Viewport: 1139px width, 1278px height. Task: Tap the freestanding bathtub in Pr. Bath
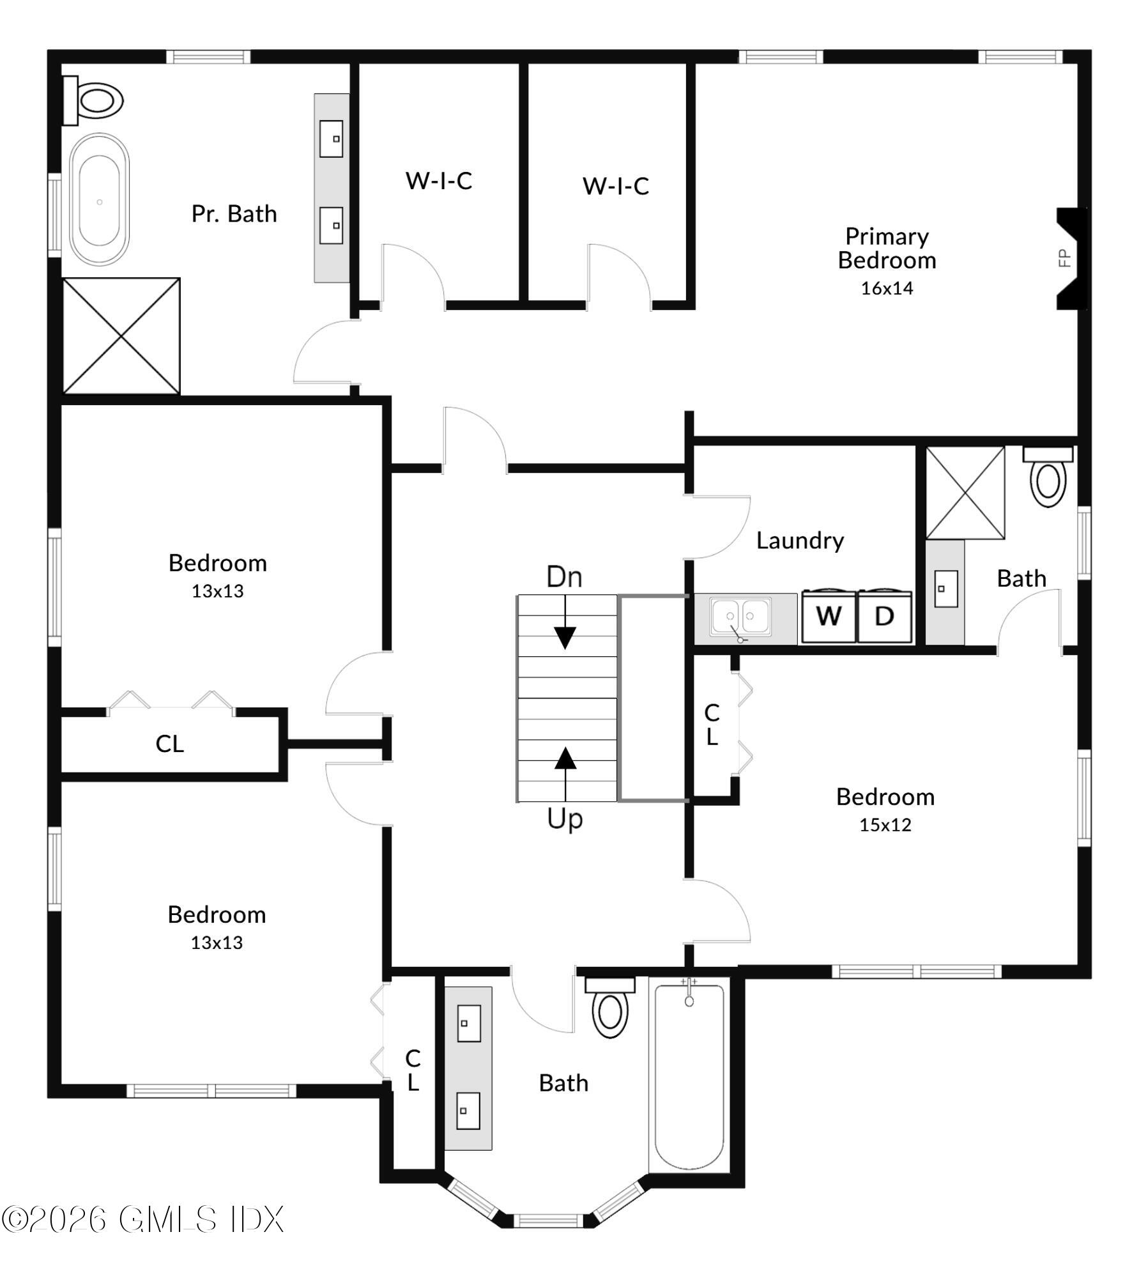[x=99, y=200]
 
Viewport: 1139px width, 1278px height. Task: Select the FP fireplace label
[x=1064, y=258]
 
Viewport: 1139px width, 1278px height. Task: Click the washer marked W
[x=828, y=617]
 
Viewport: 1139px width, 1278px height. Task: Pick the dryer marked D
[x=884, y=617]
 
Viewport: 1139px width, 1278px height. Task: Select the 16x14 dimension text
[x=887, y=288]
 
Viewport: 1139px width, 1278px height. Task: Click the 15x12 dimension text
[x=885, y=825]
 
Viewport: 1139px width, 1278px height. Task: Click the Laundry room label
[x=800, y=541]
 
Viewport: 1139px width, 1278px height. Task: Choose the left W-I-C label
[x=439, y=181]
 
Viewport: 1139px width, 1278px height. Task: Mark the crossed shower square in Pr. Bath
[x=121, y=335]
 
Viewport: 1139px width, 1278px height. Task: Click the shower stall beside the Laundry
[x=965, y=492]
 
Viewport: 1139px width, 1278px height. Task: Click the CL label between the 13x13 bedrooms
[x=169, y=744]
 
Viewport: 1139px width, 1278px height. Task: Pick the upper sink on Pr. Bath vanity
[x=331, y=139]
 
